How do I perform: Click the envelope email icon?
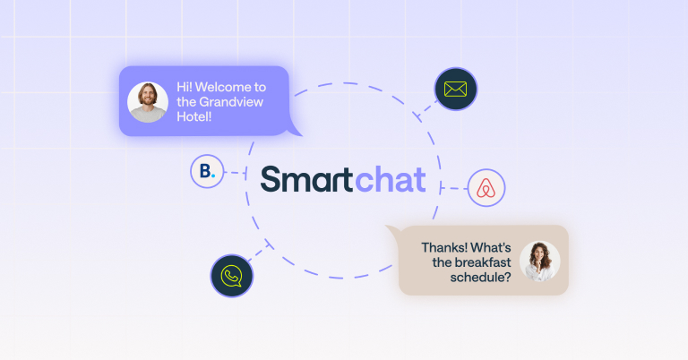(456, 90)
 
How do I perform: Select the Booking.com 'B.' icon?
(207, 171)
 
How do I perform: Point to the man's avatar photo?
(148, 102)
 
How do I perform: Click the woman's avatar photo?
(539, 261)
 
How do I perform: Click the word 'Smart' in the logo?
(306, 179)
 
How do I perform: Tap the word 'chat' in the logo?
(390, 179)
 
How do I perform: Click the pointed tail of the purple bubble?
(294, 132)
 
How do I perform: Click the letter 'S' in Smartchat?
(271, 179)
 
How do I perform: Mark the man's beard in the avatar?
(148, 110)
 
